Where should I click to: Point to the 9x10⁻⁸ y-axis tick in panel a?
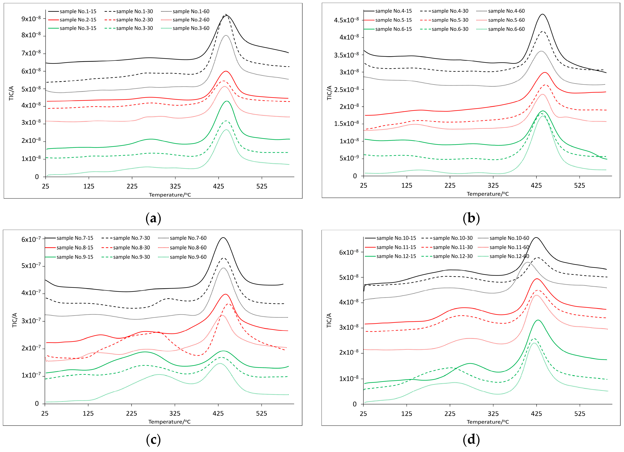tap(31, 19)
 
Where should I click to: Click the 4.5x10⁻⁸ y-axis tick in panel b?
tap(346, 20)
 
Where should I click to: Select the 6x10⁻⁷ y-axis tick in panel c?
tap(31, 239)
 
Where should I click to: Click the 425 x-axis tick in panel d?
tap(536, 414)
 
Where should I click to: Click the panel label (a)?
tap(153, 218)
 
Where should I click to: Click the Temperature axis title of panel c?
tap(169, 422)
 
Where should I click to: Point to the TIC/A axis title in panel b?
tap(329, 93)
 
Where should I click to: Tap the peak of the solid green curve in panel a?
tap(226, 101)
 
